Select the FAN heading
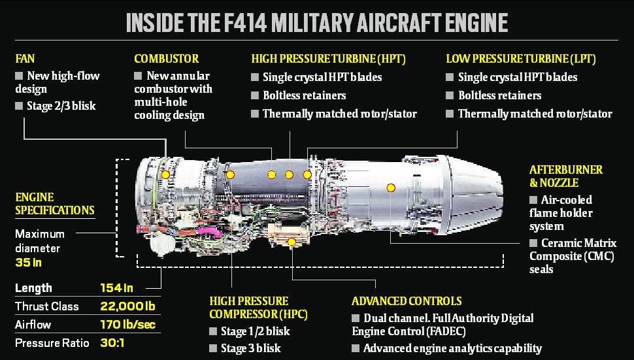25,59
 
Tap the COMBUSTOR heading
166,59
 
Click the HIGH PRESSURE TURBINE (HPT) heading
328,59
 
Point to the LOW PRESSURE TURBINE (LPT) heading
520,59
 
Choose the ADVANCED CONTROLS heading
407,301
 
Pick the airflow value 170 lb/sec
127,325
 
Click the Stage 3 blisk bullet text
250,348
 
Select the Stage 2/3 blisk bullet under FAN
61,106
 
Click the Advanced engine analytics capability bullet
452,348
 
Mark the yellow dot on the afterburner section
391,188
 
